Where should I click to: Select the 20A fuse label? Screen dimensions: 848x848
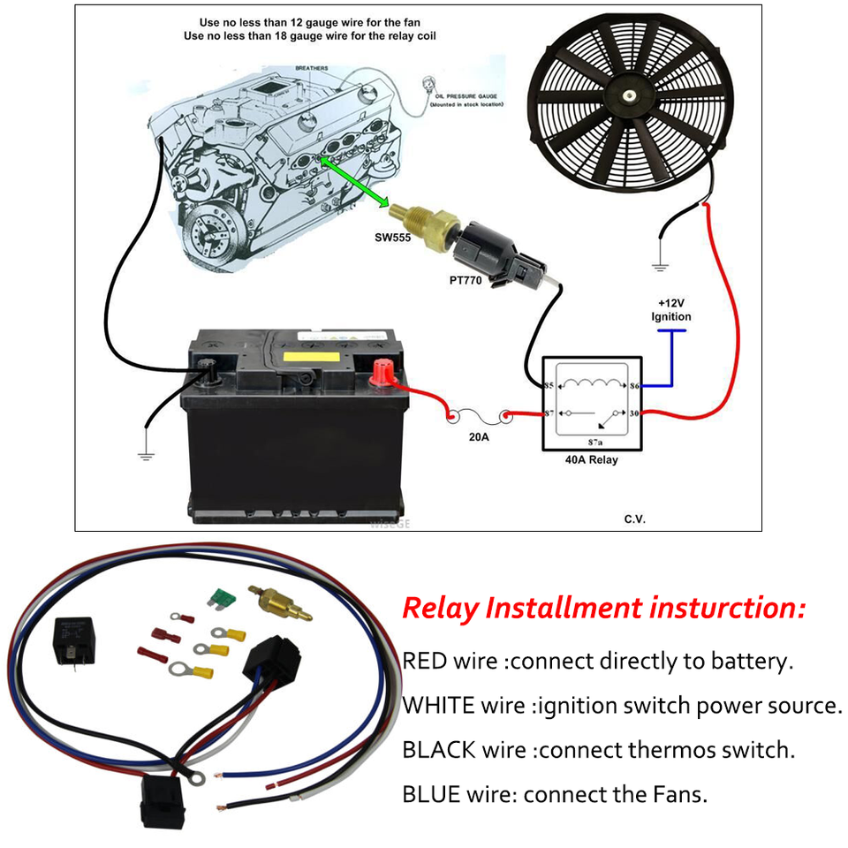pos(479,435)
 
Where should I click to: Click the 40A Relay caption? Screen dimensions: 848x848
pos(591,460)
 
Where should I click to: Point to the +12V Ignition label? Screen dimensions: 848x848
pos(670,310)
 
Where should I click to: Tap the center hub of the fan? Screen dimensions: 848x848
pos(627,95)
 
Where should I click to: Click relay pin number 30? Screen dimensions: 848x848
pos(633,413)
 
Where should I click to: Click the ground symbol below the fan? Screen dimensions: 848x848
pos(659,262)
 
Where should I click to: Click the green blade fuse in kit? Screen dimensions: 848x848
pos(218,599)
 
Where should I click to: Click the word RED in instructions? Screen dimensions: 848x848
pos(428,661)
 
